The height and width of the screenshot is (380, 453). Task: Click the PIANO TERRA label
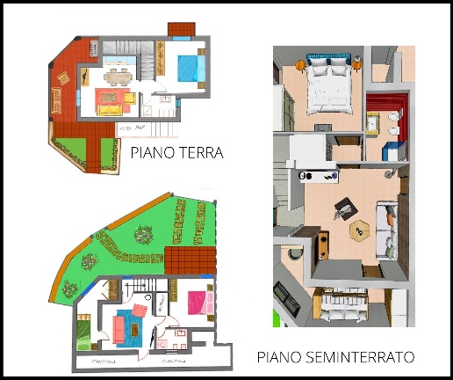pyautogui.click(x=176, y=152)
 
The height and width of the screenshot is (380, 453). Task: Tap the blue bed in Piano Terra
pyautogui.click(x=187, y=66)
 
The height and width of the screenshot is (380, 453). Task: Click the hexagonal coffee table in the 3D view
pyautogui.click(x=358, y=229)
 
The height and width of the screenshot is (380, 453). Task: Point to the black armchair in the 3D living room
pyautogui.click(x=341, y=208)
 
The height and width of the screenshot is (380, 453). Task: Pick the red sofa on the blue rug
pyautogui.click(x=119, y=327)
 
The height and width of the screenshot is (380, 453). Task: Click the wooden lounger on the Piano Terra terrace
pyautogui.click(x=63, y=87)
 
